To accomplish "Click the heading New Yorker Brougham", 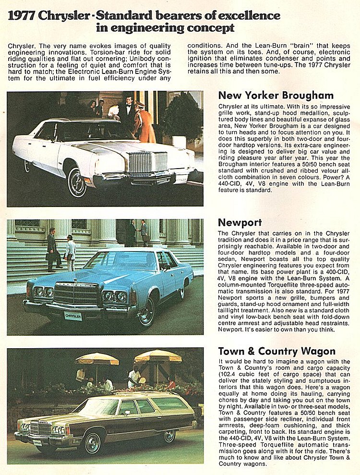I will point(276,95).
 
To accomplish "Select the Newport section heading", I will point(240,222).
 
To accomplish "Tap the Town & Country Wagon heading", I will point(276,351).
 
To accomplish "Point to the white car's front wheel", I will point(77,183).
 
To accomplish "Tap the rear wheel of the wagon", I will point(169,436).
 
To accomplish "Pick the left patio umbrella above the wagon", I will point(97,358).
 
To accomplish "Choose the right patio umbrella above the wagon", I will point(157,356).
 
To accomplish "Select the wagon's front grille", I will point(40,426).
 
